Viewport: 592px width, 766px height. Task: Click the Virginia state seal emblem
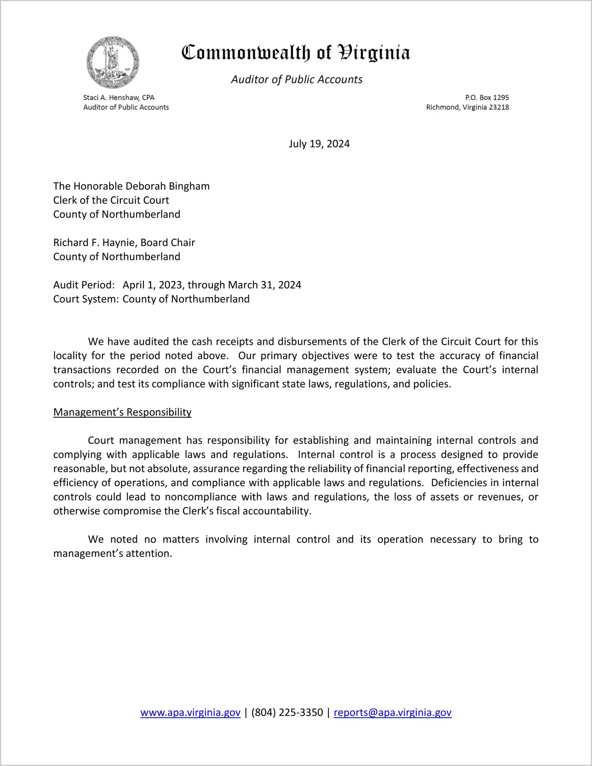pyautogui.click(x=113, y=63)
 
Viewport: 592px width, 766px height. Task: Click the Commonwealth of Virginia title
pyautogui.click(x=296, y=53)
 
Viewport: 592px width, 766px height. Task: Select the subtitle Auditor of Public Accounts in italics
pyautogui.click(x=296, y=80)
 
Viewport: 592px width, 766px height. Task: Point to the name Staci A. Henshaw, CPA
pyautogui.click(x=118, y=98)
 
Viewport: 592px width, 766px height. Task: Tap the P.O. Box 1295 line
pyautogui.click(x=487, y=98)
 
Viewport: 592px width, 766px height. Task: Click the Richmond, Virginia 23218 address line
pyautogui.click(x=467, y=108)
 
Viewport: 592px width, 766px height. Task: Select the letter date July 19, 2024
pyautogui.click(x=319, y=144)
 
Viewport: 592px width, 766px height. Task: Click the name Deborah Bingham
pyautogui.click(x=168, y=186)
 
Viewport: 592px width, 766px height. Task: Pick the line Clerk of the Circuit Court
pyautogui.click(x=111, y=200)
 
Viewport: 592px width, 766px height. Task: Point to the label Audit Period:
pyautogui.click(x=84, y=285)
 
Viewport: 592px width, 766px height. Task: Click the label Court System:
pyautogui.click(x=86, y=299)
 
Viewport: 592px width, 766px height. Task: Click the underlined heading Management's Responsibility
pyautogui.click(x=122, y=413)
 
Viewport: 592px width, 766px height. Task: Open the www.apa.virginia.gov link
pyautogui.click(x=190, y=713)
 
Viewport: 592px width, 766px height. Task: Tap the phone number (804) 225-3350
pyautogui.click(x=287, y=713)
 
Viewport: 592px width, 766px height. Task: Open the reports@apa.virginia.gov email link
pyautogui.click(x=392, y=713)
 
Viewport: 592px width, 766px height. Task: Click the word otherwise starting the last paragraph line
pyautogui.click(x=77, y=511)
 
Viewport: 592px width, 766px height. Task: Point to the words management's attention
pyautogui.click(x=113, y=554)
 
